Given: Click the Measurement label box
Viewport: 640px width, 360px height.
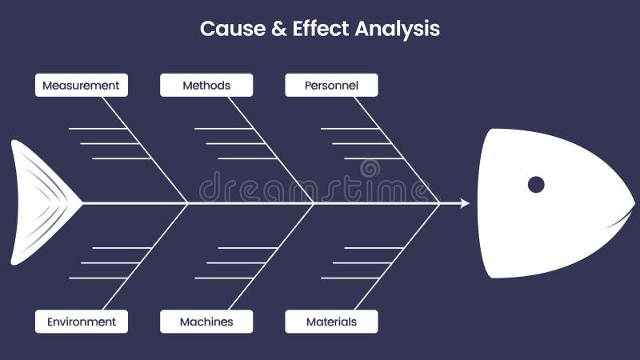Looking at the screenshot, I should click(81, 86).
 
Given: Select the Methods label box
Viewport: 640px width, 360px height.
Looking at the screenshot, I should click(206, 86).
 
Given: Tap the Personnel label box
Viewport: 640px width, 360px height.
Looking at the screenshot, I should click(331, 86).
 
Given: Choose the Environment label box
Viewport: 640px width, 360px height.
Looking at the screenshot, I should click(81, 322).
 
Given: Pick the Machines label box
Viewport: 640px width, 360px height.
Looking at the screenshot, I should click(206, 322).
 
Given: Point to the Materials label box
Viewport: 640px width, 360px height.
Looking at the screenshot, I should click(331, 322).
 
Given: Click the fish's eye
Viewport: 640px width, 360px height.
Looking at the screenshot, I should click(536, 185).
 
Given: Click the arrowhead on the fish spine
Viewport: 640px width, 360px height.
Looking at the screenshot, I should click(465, 204).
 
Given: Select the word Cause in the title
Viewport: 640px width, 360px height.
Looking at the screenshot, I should click(223, 29).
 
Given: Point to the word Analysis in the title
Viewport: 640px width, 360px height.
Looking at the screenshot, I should click(397, 29).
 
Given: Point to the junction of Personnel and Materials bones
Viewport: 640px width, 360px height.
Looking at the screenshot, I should click(439, 204).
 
